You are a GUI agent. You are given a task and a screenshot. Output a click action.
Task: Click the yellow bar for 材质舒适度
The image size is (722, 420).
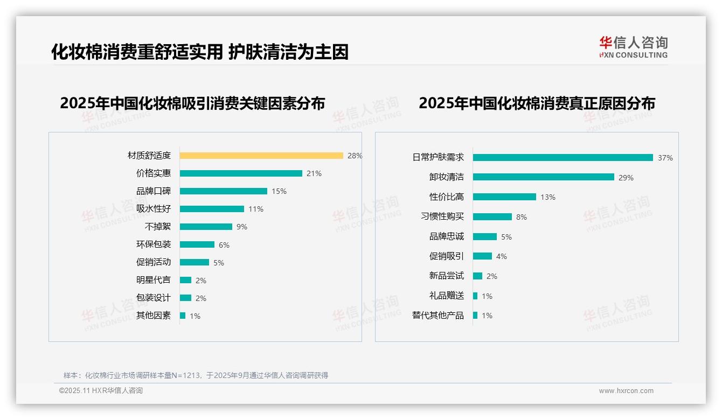261,156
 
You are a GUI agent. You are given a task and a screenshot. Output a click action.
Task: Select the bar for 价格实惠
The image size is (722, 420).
241,173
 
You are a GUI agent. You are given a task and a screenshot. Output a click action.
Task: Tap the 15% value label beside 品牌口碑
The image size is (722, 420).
279,191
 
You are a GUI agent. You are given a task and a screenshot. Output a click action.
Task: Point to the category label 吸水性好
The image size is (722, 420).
154,209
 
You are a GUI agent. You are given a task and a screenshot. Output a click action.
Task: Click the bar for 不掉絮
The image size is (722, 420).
206,227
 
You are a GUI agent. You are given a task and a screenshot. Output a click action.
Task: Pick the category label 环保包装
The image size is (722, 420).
154,244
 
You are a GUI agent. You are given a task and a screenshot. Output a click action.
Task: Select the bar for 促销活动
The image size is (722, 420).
195,262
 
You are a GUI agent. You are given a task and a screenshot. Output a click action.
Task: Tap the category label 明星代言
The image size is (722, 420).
154,280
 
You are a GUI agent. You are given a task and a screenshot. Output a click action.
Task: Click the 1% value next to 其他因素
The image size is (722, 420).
195,316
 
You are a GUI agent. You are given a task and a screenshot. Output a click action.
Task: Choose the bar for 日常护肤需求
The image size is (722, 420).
563,158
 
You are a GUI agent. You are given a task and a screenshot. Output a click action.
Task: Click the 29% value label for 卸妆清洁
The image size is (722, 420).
626,178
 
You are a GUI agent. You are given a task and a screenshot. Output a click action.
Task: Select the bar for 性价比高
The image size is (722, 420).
504,197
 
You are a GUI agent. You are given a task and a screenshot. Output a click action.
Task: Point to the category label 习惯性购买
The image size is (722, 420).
442,216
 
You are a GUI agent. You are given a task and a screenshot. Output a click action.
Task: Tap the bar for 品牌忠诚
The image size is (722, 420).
485,237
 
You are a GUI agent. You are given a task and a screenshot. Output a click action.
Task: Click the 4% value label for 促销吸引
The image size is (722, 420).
502,256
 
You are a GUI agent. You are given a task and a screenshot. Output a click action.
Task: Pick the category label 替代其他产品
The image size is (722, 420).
438,316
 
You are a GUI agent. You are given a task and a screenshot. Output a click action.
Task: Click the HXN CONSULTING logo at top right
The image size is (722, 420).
633,47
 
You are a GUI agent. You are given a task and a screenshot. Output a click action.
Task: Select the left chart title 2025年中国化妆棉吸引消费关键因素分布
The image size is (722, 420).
192,103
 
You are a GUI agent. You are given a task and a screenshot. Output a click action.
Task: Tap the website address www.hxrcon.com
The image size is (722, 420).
626,391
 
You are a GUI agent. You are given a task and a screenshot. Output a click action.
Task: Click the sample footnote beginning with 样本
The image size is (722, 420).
196,375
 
